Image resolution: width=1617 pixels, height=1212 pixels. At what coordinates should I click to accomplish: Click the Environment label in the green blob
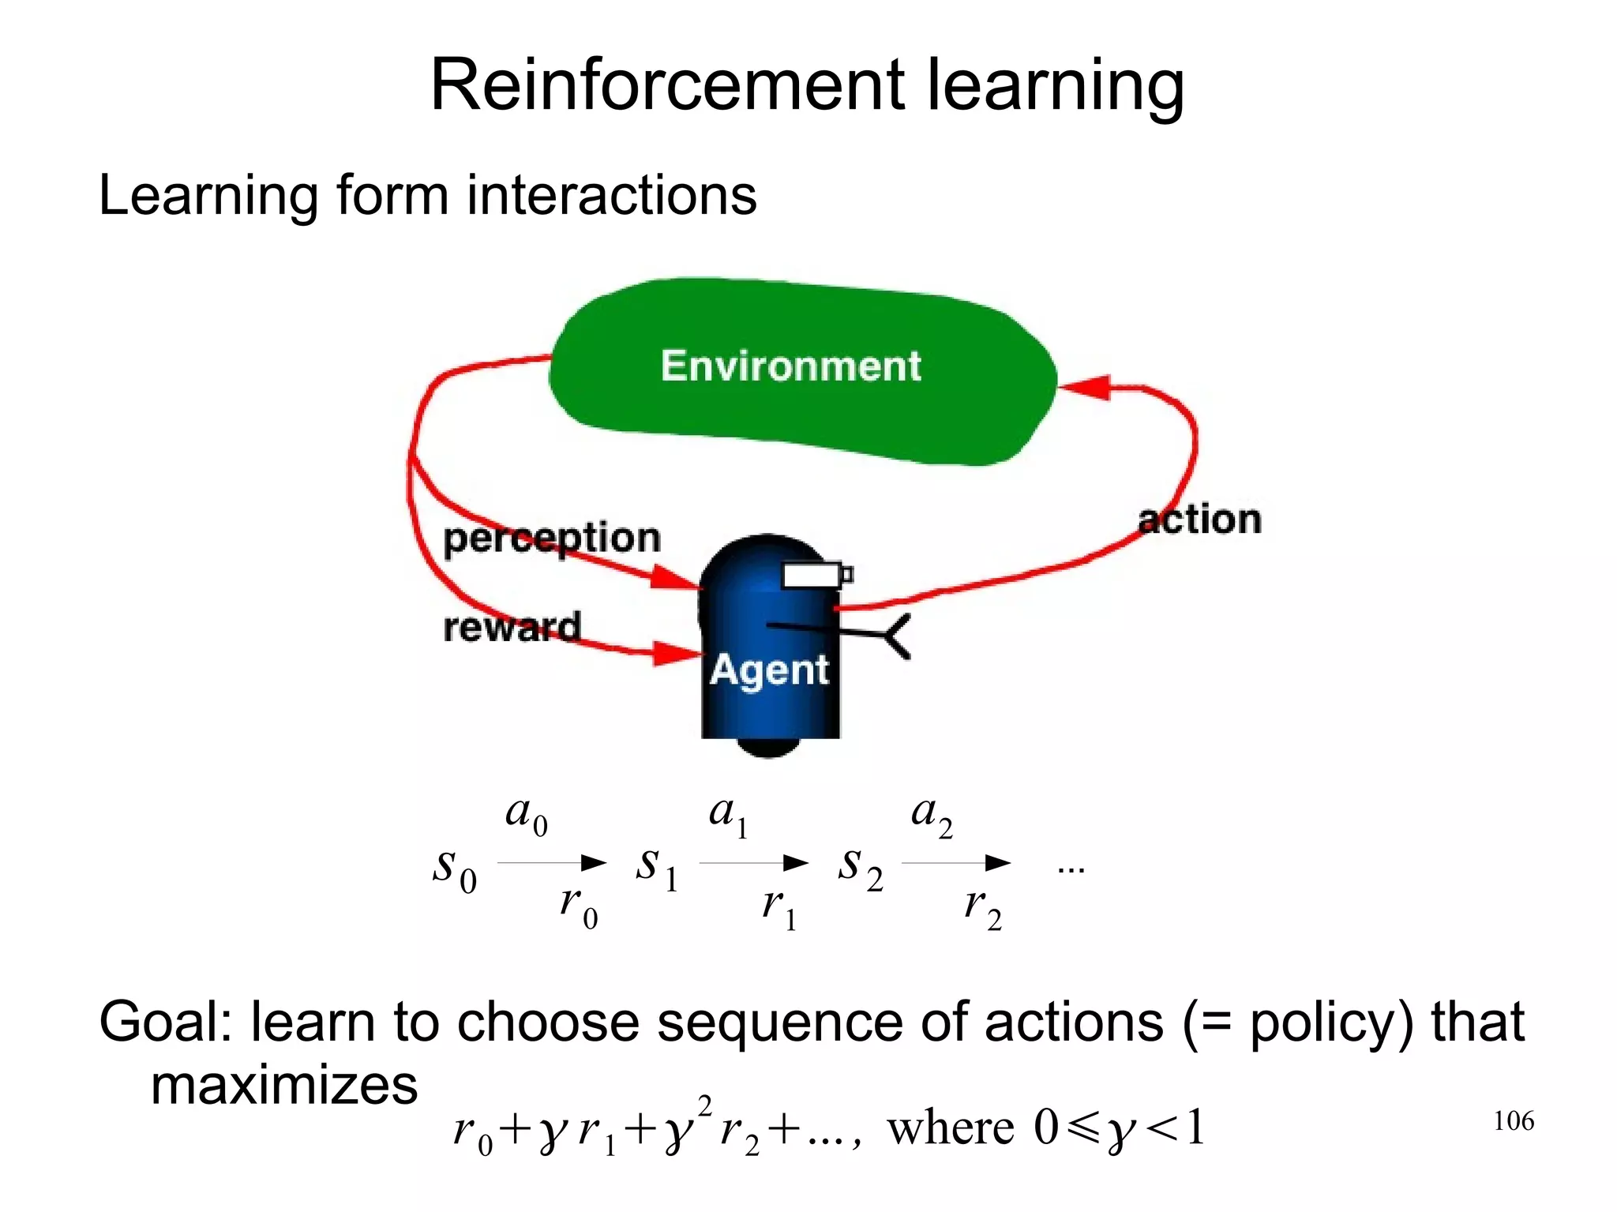click(790, 366)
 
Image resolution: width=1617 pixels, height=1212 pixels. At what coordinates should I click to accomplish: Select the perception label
click(551, 539)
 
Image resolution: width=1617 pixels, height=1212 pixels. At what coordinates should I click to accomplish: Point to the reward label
click(512, 628)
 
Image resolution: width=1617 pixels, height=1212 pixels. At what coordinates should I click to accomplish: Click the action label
click(1199, 520)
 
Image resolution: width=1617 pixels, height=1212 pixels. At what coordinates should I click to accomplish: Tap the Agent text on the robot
click(769, 671)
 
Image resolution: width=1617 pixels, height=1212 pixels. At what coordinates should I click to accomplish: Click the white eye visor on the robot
click(811, 576)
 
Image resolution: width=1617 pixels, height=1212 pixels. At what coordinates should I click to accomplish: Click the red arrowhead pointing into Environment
click(1086, 387)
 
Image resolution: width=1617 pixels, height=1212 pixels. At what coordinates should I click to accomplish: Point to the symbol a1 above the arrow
click(727, 816)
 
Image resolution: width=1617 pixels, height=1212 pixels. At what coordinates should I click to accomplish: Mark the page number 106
click(1513, 1121)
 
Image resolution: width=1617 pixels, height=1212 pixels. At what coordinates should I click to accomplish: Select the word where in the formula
click(950, 1128)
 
